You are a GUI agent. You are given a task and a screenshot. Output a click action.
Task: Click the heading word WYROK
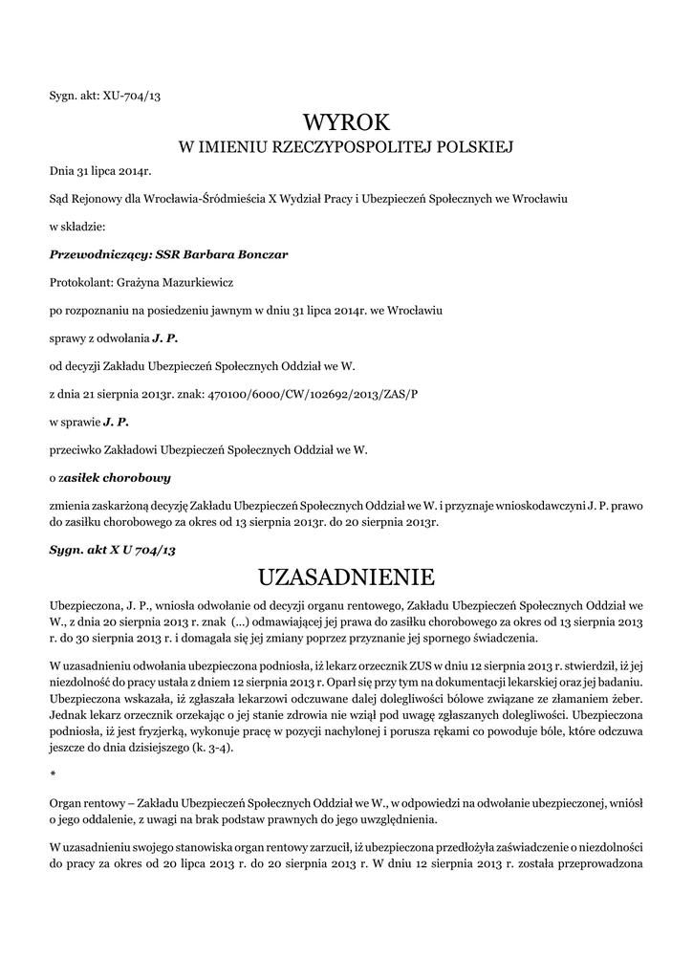[x=347, y=122]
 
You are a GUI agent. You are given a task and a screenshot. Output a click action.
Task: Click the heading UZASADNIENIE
[x=346, y=577]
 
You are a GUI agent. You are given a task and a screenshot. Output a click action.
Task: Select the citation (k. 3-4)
[x=215, y=748]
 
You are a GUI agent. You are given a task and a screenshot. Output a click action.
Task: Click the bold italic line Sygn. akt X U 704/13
[x=113, y=551]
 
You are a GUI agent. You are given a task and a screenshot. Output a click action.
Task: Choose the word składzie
[x=84, y=228]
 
